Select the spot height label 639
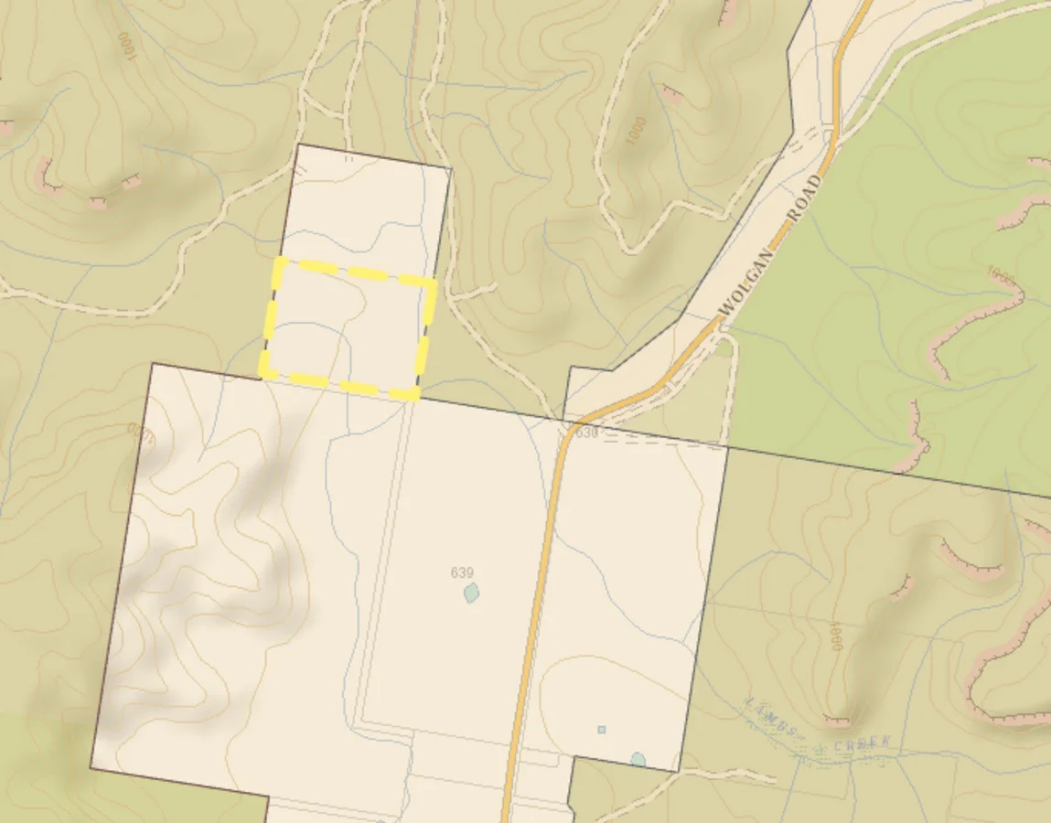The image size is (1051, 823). coord(462,572)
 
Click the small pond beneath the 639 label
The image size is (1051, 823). coord(471,593)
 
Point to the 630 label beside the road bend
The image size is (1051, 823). coord(586,433)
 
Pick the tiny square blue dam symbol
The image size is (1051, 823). coord(601,730)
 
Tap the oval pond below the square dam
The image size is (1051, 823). coord(638,760)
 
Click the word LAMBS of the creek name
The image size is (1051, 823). coord(770,714)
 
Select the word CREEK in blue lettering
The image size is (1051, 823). coord(861,742)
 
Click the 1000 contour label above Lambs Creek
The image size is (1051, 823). coord(833,636)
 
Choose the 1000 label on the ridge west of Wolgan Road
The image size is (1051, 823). coord(638,131)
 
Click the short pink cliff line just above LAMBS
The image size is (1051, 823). coord(836,720)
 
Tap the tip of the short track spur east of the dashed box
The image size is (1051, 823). coord(495,287)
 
